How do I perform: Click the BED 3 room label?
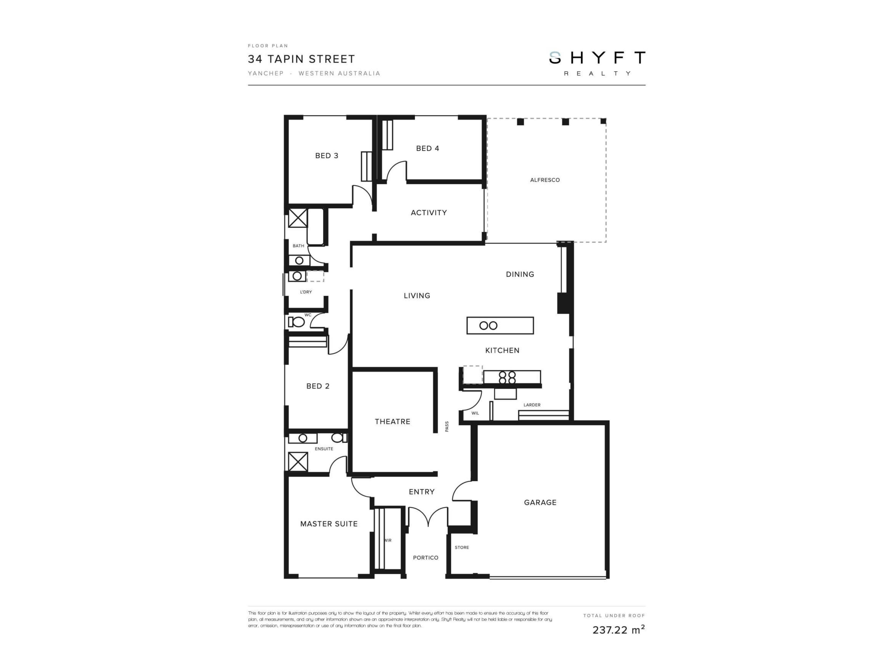(327, 156)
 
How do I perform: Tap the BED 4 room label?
(428, 148)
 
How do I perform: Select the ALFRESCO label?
(545, 180)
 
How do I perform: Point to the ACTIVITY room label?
(429, 213)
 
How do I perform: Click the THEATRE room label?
(393, 421)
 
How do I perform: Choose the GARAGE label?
(540, 502)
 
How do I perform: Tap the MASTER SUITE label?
(329, 524)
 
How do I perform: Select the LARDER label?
(532, 405)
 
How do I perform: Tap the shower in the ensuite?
(298, 462)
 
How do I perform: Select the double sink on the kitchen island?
(488, 325)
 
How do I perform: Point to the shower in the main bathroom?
(298, 218)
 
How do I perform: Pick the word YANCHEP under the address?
(266, 73)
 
